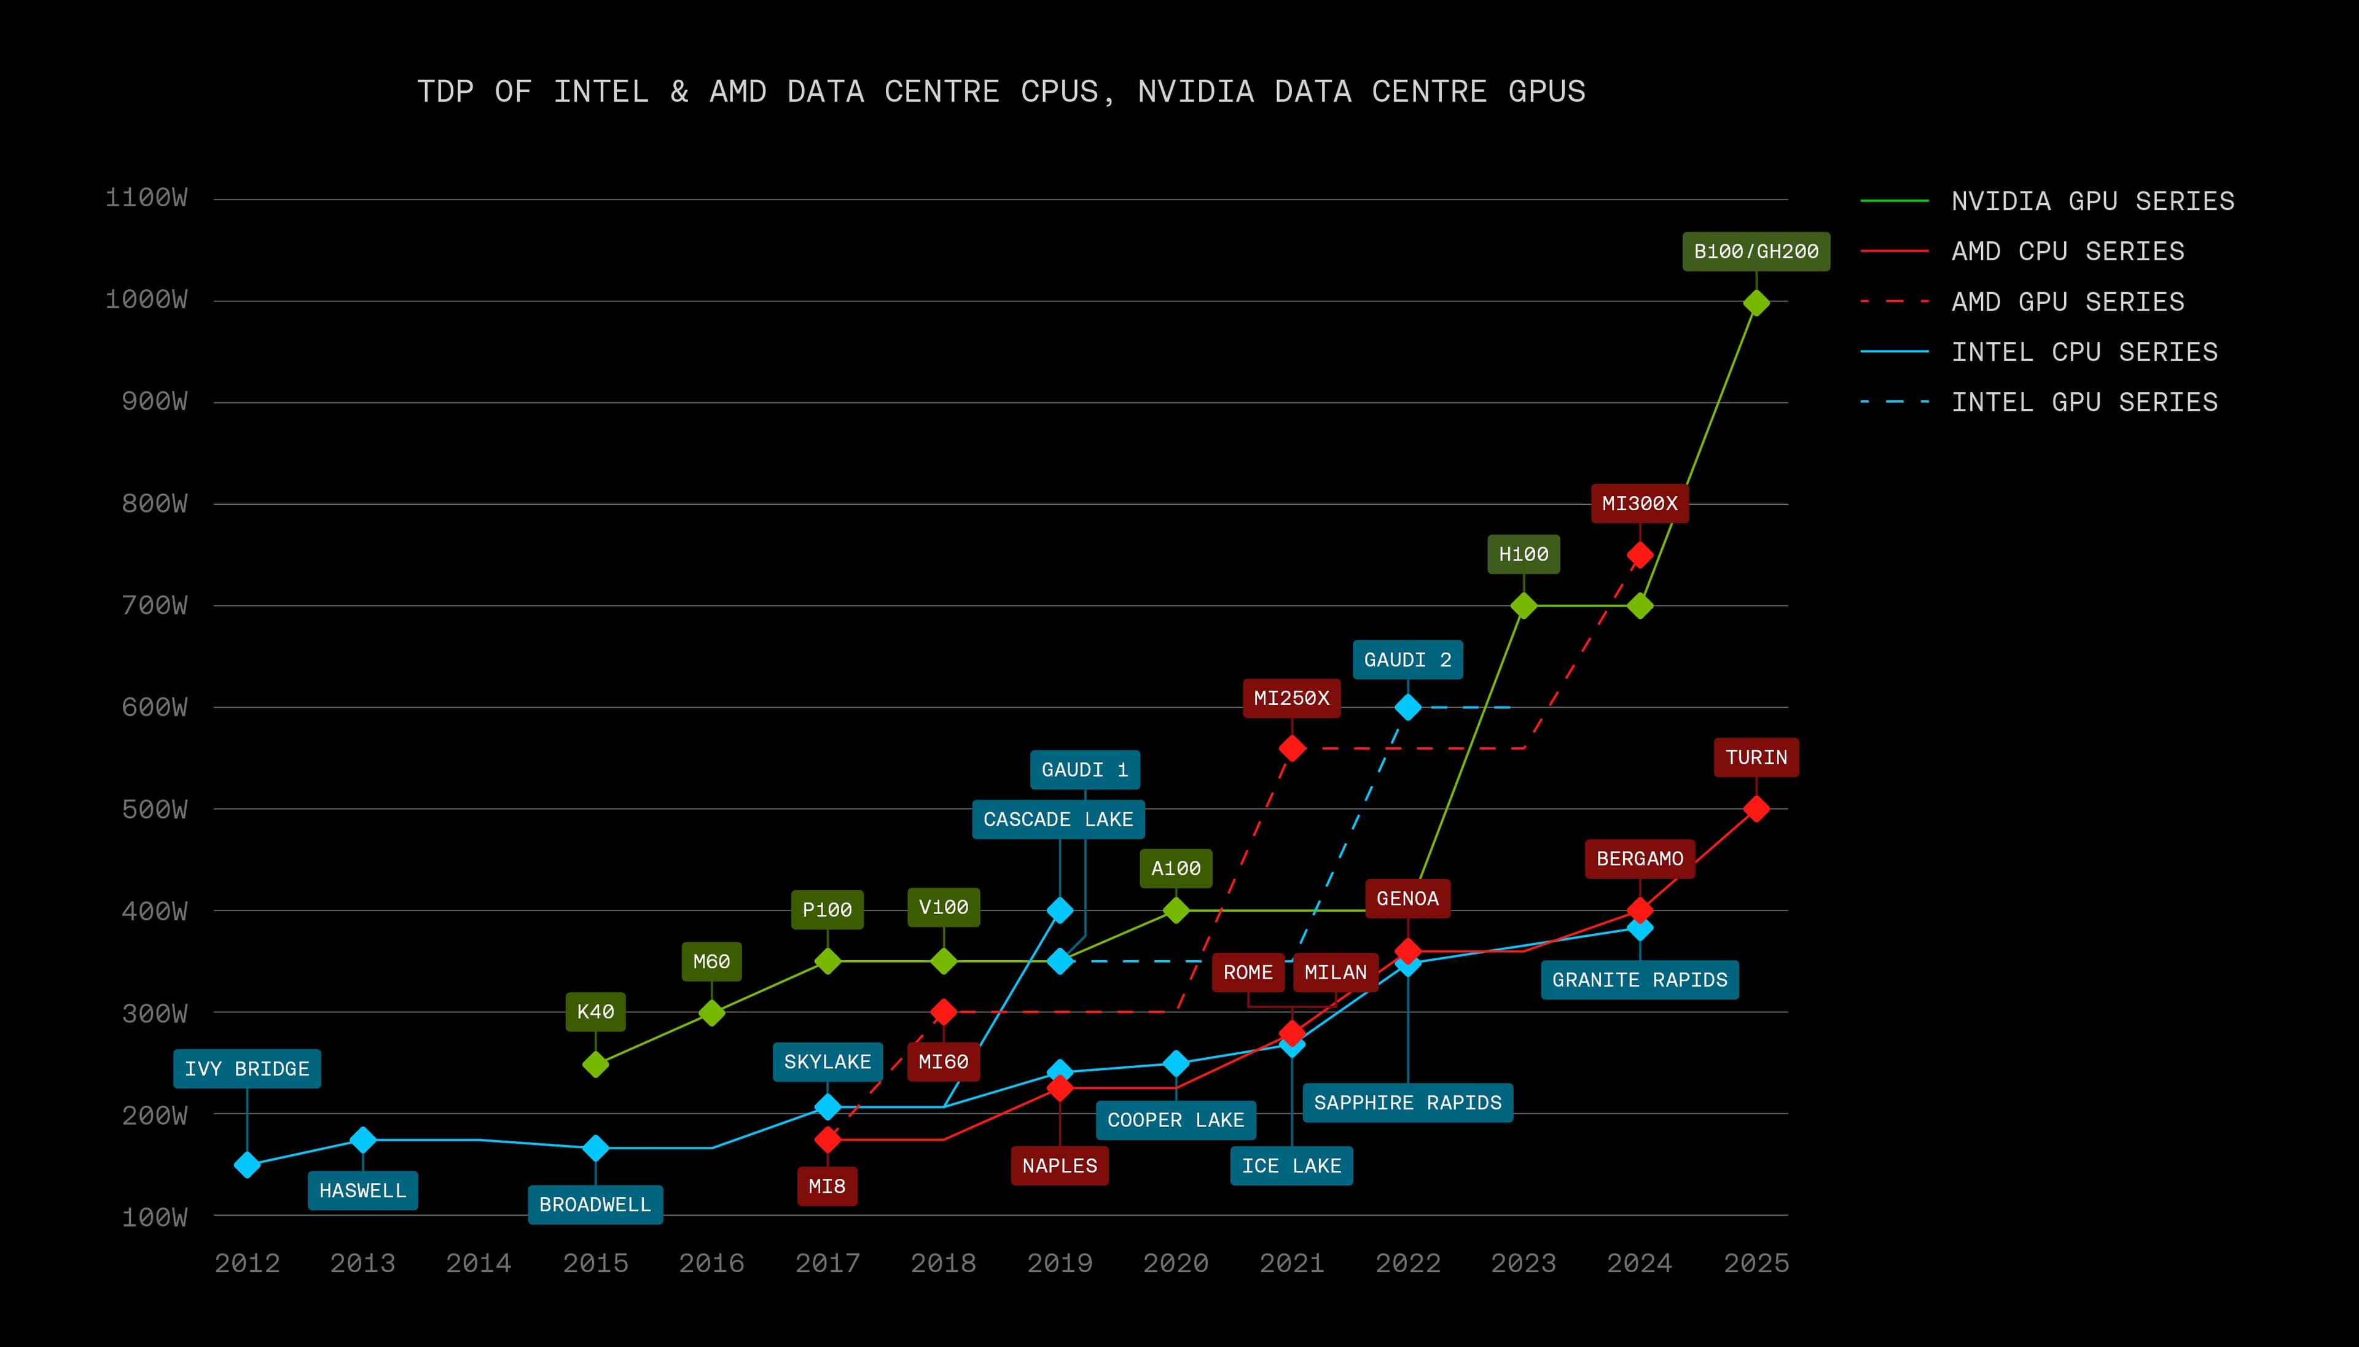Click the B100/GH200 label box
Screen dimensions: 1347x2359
tap(1756, 252)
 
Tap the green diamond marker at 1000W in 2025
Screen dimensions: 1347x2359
tap(1756, 303)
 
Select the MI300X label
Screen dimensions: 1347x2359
tap(1639, 504)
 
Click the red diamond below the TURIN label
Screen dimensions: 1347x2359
tap(1756, 809)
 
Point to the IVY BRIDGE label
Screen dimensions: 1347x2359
tap(247, 1068)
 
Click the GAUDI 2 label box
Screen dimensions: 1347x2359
tap(1407, 659)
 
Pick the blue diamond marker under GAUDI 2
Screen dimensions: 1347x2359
tap(1407, 708)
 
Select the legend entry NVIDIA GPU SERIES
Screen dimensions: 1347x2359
tap(2092, 201)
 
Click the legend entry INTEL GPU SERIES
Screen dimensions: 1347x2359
tap(2084, 402)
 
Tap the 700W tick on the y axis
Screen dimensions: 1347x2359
tap(155, 606)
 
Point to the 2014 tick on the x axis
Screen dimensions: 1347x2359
tap(479, 1263)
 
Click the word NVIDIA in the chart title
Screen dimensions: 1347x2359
tap(1195, 91)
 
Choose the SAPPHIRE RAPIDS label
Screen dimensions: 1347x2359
tap(1407, 1103)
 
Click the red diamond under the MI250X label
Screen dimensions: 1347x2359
tap(1292, 748)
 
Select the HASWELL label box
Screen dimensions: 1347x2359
tap(363, 1190)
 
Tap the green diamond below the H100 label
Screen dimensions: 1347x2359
tap(1524, 606)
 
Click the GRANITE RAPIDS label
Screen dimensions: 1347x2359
tap(1639, 980)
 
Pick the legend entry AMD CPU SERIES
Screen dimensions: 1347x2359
tap(2067, 252)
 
